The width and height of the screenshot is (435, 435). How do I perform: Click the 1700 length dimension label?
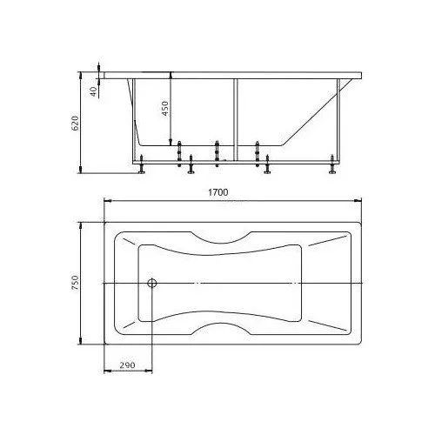click(218, 192)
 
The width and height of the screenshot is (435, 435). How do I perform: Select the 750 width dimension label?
click(75, 283)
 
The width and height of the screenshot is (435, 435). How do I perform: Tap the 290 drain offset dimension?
click(127, 365)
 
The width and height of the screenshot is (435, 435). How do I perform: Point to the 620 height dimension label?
click(75, 124)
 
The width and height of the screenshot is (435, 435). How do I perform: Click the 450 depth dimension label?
click(164, 109)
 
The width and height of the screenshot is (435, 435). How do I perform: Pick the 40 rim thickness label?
click(93, 91)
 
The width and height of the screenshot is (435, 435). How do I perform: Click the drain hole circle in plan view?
click(152, 283)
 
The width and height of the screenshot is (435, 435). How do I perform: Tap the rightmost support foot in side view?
click(332, 164)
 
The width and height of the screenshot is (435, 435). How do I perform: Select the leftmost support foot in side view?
click(142, 164)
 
